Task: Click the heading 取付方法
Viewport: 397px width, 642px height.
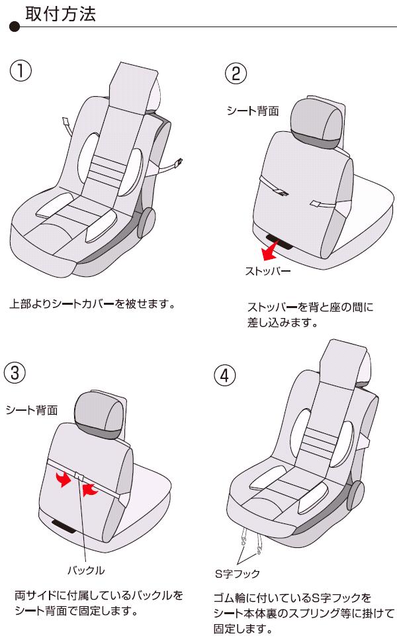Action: (x=60, y=15)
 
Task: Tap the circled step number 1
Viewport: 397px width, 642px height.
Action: (x=21, y=70)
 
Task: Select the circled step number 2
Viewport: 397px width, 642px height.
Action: (x=236, y=74)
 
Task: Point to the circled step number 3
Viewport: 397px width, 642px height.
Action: (x=15, y=373)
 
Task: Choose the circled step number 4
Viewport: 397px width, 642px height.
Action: (x=225, y=375)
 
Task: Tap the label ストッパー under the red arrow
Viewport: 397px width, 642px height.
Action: (x=268, y=271)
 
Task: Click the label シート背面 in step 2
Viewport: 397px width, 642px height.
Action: (x=253, y=111)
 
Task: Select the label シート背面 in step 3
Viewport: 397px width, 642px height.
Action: (x=32, y=410)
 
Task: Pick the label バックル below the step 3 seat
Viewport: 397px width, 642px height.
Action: (x=86, y=570)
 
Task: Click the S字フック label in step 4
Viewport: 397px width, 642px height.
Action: (x=238, y=574)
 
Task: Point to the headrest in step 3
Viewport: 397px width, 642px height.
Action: (x=100, y=415)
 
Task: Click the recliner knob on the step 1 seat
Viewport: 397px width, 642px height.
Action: (x=146, y=223)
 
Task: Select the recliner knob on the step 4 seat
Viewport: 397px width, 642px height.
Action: (x=356, y=496)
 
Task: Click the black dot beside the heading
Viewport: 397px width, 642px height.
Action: (x=15, y=27)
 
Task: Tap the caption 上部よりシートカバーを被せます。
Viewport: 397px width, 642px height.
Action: (x=93, y=304)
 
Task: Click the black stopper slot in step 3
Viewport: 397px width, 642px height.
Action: (x=64, y=527)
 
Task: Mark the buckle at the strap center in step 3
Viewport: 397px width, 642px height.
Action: (x=79, y=476)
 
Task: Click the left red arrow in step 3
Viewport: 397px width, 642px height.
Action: (x=63, y=478)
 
